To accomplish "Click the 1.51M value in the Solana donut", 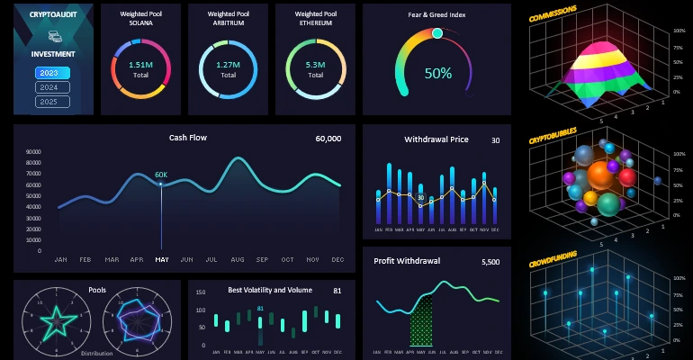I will (140, 65).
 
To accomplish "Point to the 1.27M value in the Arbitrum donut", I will (229, 65).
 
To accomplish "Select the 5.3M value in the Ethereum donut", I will (316, 65).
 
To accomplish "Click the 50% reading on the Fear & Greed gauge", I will (438, 74).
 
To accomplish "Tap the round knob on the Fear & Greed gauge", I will (437, 33).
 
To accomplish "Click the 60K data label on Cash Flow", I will (161, 175).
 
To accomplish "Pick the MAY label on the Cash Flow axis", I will (162, 259).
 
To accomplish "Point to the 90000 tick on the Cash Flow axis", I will (34, 153).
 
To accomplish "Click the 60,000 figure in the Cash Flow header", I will (328, 139).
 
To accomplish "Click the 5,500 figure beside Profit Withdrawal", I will (490, 262).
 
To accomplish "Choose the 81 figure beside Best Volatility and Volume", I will (337, 291).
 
